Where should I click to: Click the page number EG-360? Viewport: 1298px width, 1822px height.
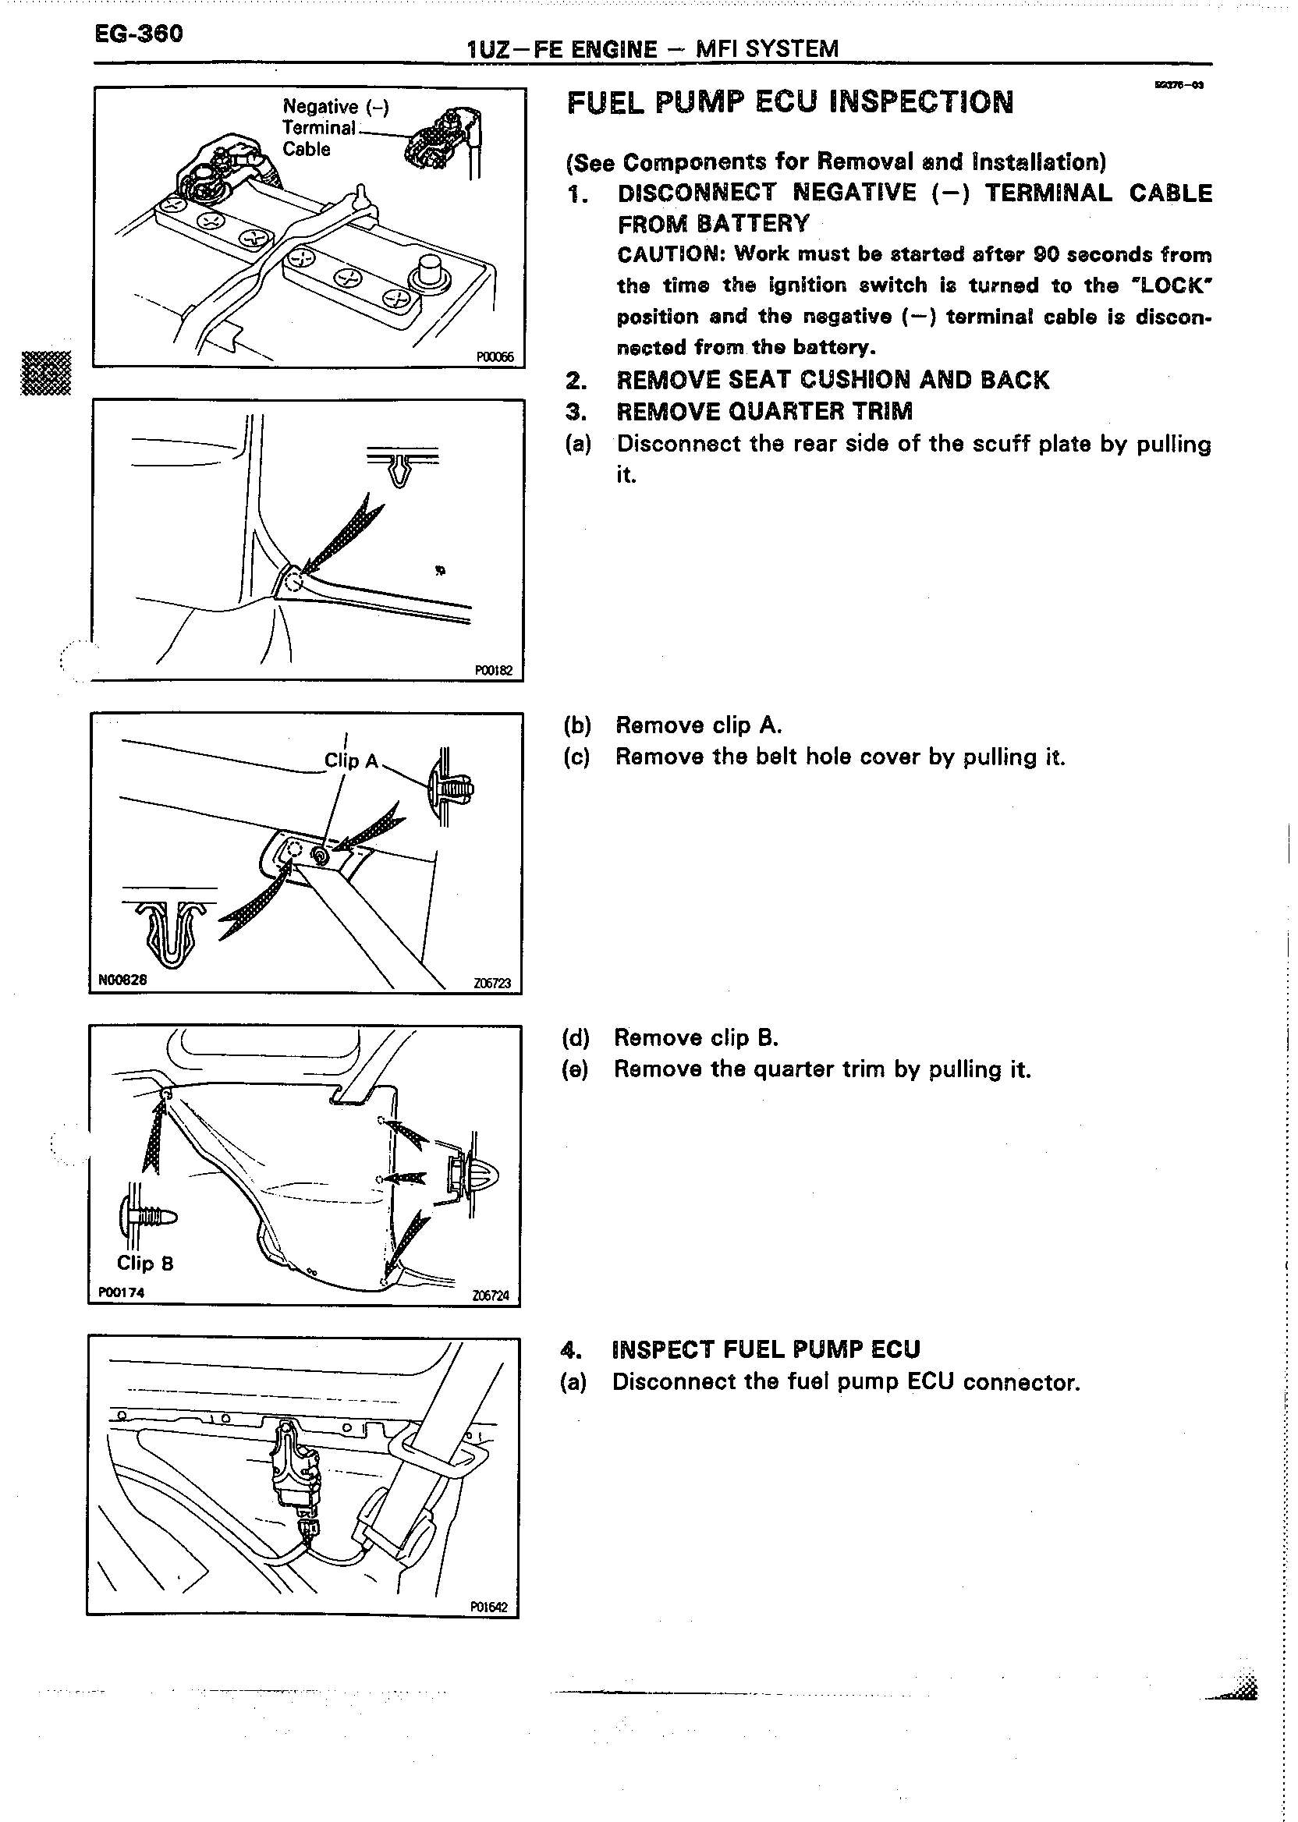pyautogui.click(x=138, y=34)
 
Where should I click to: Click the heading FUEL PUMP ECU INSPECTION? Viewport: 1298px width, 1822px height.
pyautogui.click(x=789, y=103)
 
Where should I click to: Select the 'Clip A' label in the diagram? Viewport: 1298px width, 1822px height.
pyautogui.click(x=351, y=760)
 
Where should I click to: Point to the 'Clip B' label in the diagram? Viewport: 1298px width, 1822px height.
pyautogui.click(x=144, y=1263)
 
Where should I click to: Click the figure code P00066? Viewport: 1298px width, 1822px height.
pyautogui.click(x=495, y=357)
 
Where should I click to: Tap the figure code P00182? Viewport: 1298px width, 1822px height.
pyautogui.click(x=493, y=671)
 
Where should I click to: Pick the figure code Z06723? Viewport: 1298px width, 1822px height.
pyautogui.click(x=491, y=983)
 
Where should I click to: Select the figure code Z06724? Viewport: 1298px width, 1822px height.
pyautogui.click(x=491, y=1296)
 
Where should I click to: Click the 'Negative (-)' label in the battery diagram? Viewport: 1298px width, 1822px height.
pyautogui.click(x=335, y=107)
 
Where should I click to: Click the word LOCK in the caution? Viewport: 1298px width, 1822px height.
pyautogui.click(x=1173, y=285)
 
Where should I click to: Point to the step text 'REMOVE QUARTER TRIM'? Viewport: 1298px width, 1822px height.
pyautogui.click(x=764, y=412)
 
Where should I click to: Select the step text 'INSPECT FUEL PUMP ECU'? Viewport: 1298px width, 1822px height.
pyautogui.click(x=766, y=1349)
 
